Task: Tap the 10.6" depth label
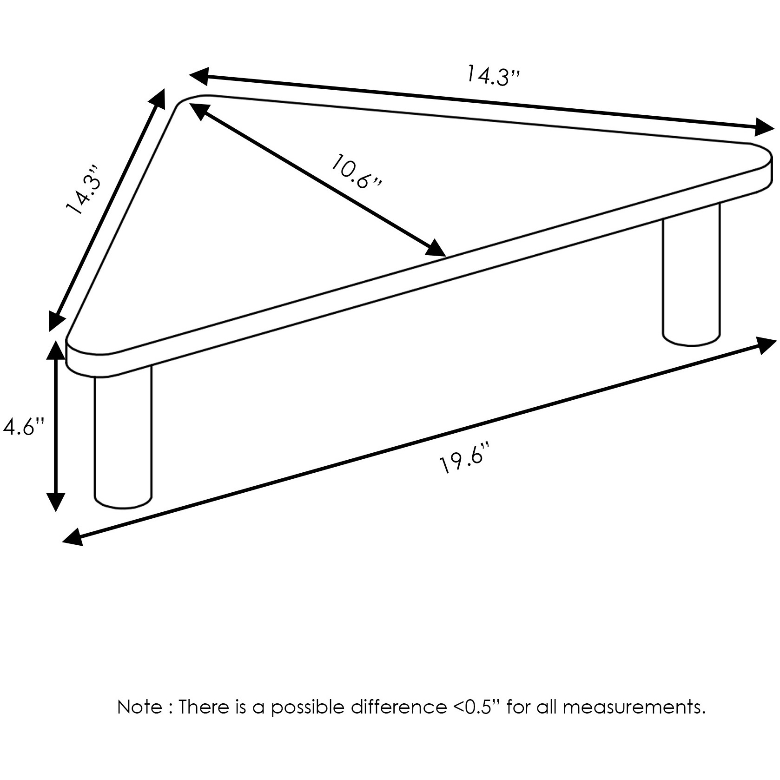357,171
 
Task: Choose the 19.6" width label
465,458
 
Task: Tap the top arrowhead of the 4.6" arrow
56,350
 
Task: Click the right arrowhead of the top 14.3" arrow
764,126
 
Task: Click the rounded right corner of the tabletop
762,160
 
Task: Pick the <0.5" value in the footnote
476,707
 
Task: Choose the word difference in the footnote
398,707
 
